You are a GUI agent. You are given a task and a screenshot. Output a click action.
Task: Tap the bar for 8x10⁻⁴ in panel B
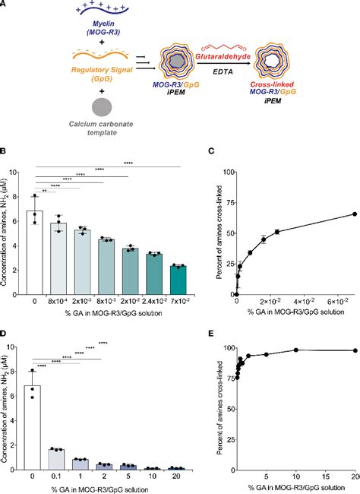coord(71,259)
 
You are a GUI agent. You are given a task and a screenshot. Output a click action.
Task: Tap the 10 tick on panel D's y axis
coord(30,347)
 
